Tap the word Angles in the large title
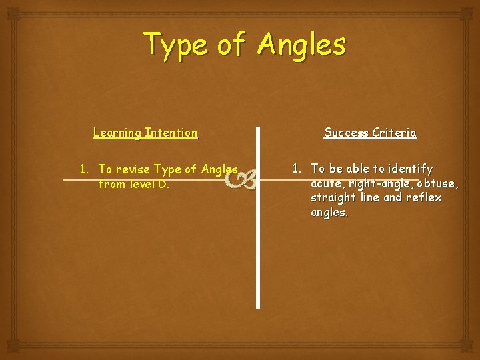[302, 45]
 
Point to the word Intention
[170, 133]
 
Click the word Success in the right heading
[346, 133]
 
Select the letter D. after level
[163, 184]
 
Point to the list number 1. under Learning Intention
[85, 169]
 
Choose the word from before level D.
[112, 184]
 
